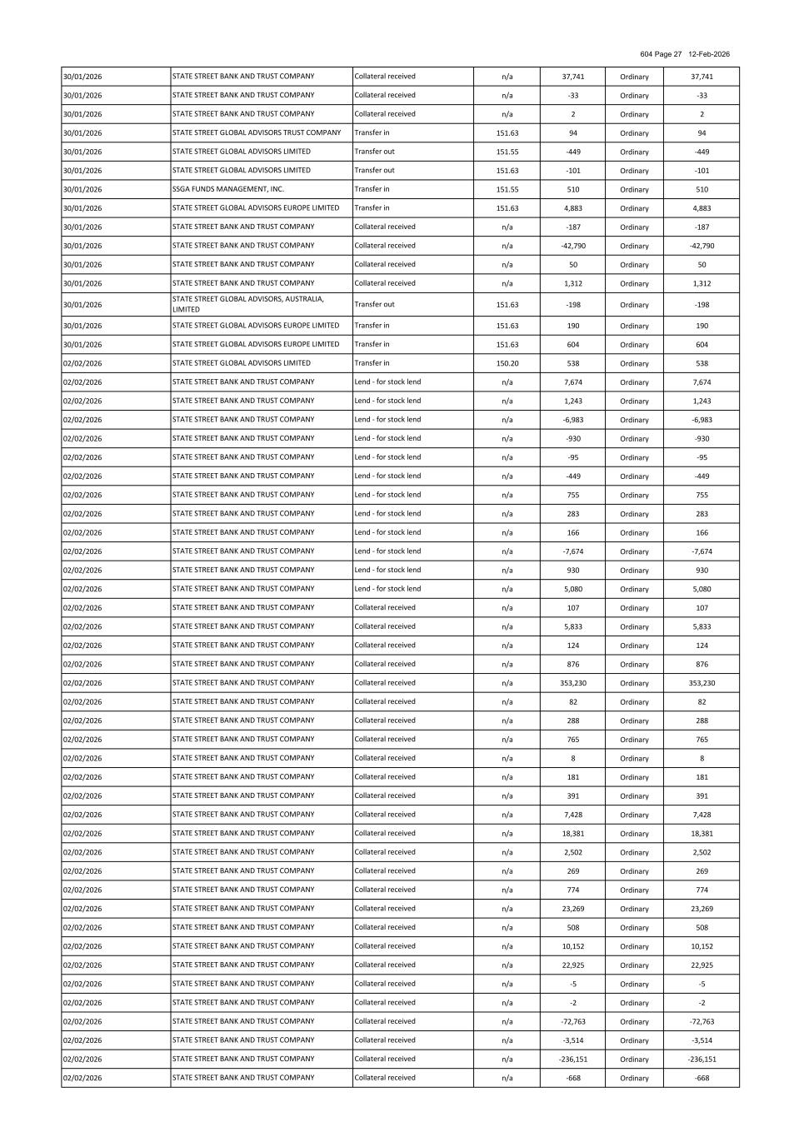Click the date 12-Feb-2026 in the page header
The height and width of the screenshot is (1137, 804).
(709, 54)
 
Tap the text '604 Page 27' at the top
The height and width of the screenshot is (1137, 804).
(661, 54)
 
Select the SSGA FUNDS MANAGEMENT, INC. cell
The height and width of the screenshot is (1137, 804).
(228, 189)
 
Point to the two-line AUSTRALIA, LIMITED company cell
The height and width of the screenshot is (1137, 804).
(248, 304)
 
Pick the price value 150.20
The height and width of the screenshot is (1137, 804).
(507, 363)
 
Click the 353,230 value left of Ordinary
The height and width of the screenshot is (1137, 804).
(572, 683)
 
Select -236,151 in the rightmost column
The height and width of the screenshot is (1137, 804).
(702, 1060)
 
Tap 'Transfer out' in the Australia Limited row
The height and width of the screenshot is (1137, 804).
(375, 305)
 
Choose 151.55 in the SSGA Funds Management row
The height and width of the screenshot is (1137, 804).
(507, 190)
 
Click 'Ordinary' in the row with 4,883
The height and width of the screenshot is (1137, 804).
(634, 208)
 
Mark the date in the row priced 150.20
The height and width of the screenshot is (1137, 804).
(82, 363)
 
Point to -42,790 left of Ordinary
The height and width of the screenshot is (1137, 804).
(572, 246)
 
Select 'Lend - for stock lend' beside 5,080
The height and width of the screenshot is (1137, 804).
(387, 589)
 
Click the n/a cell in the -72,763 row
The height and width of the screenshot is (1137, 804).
(507, 1022)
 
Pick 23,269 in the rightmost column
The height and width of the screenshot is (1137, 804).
(702, 909)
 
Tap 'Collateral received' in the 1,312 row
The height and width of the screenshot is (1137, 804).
(385, 283)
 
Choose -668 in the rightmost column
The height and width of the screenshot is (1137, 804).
(702, 1079)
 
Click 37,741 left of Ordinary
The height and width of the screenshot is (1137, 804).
(572, 77)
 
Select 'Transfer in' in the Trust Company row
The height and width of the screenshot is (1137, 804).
(372, 132)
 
